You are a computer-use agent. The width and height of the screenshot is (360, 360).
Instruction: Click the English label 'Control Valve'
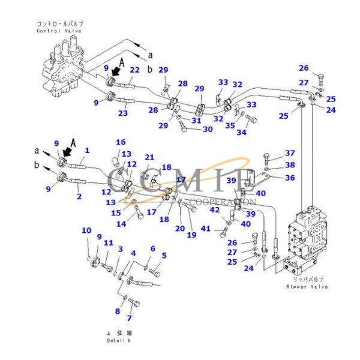point(59,31)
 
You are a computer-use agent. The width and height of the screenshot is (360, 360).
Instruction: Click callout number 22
point(134,70)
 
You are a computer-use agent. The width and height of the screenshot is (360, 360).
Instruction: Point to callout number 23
point(123,112)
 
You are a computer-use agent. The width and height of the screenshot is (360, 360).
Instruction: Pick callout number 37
point(290,153)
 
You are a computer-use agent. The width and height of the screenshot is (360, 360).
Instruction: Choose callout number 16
point(121,142)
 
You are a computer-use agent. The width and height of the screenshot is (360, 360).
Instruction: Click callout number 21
point(149,157)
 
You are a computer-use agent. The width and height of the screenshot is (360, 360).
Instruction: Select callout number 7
point(128,318)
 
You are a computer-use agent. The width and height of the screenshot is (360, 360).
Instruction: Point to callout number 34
point(241,131)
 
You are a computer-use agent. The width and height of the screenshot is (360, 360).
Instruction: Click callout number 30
point(207,129)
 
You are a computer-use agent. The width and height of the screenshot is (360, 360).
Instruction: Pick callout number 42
point(214,209)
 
